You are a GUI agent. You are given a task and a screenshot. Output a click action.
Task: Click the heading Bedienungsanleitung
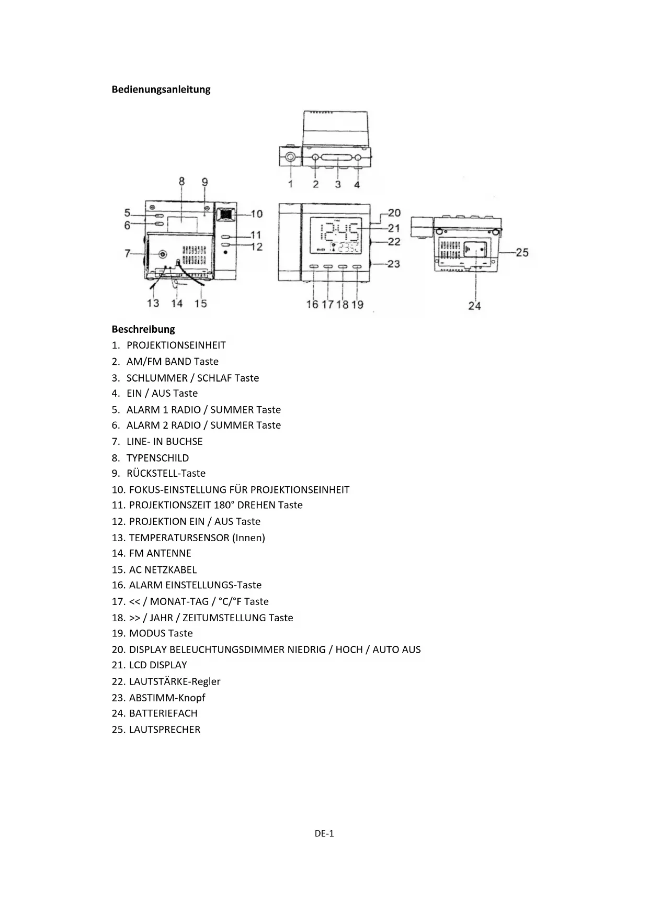click(161, 89)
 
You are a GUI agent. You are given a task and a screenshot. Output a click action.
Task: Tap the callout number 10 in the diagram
click(256, 214)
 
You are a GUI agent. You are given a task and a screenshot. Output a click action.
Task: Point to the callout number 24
click(474, 306)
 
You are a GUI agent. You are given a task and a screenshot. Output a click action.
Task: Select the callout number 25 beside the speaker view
click(522, 252)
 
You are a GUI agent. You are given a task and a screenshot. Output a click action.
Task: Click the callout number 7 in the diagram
click(127, 253)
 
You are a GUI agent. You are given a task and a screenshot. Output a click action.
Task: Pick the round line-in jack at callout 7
click(163, 254)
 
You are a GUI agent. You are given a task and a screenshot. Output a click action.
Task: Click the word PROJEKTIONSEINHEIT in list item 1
click(176, 345)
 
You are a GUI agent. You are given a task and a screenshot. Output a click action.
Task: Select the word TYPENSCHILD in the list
click(157, 458)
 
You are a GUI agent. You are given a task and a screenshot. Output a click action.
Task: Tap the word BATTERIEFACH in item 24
click(163, 713)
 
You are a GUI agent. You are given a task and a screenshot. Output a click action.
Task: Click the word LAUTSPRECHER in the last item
click(165, 730)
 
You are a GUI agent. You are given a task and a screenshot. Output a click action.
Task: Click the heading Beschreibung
click(143, 329)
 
